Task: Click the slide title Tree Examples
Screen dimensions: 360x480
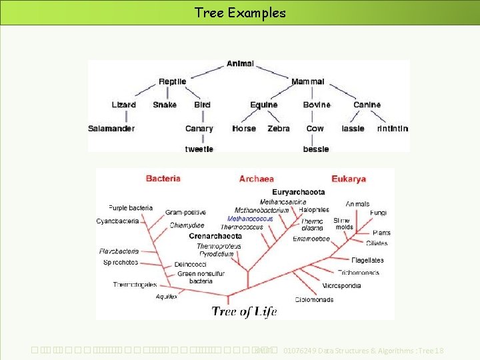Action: pyautogui.click(x=240, y=13)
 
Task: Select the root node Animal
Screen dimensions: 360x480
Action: pyautogui.click(x=240, y=64)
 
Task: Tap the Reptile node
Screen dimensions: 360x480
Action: pyautogui.click(x=173, y=82)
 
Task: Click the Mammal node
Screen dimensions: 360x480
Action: pyautogui.click(x=308, y=82)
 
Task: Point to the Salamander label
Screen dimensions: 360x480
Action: pyautogui.click(x=111, y=129)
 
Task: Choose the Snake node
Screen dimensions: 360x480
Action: pyautogui.click(x=165, y=105)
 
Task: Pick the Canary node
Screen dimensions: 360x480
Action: pyautogui.click(x=199, y=129)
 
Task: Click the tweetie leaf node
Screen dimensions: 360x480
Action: pyautogui.click(x=199, y=149)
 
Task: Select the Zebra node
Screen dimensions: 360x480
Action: pyautogui.click(x=279, y=129)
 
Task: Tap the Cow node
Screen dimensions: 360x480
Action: pyautogui.click(x=315, y=129)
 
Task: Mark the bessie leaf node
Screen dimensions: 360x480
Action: pyautogui.click(x=316, y=149)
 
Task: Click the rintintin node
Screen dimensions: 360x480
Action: pyautogui.click(x=393, y=129)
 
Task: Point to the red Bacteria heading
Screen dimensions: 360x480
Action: pyautogui.click(x=163, y=179)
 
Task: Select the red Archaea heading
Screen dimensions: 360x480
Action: pyautogui.click(x=257, y=179)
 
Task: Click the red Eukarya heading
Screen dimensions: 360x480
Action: pyautogui.click(x=349, y=179)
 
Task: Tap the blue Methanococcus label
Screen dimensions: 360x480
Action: pyautogui.click(x=250, y=219)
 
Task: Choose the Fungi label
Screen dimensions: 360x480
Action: pyautogui.click(x=378, y=213)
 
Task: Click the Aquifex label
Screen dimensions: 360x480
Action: pyautogui.click(x=167, y=297)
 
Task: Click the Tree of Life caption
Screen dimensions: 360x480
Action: pyautogui.click(x=244, y=311)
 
